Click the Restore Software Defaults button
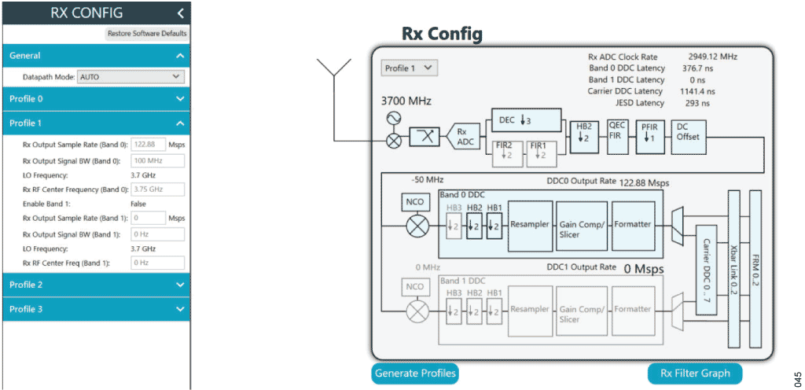coord(147,34)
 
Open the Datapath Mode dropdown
coord(130,77)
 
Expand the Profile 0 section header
coord(95,99)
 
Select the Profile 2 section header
coord(95,285)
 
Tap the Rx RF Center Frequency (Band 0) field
coord(157,189)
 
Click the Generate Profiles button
coord(414,373)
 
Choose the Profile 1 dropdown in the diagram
coord(409,68)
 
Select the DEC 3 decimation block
coord(527,120)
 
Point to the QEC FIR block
coord(616,132)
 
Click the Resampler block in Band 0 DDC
coord(530,224)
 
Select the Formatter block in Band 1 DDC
coord(633,310)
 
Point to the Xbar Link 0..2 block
coord(735,267)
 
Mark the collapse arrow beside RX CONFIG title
coord(181,13)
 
